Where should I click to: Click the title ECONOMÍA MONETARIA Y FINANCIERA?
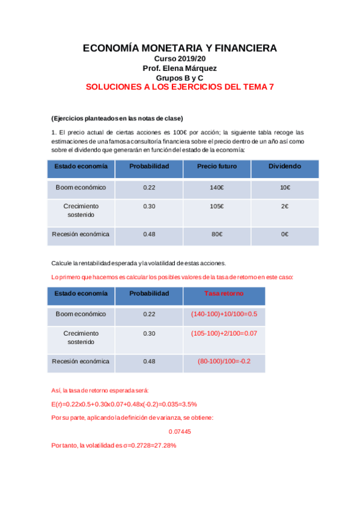(x=180, y=48)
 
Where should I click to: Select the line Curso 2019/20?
(x=180, y=59)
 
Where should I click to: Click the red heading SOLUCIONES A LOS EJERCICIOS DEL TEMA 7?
(x=180, y=87)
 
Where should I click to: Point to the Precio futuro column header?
(x=217, y=167)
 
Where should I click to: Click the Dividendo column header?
(x=285, y=167)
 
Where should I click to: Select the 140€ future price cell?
(x=217, y=188)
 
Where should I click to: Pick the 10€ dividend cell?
(x=285, y=188)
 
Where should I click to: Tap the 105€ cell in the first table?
(x=217, y=207)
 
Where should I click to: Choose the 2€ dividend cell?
(x=285, y=207)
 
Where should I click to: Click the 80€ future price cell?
(x=217, y=234)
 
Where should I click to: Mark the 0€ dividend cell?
(x=285, y=234)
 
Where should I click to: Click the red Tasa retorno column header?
(x=224, y=293)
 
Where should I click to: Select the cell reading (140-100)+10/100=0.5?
(x=224, y=314)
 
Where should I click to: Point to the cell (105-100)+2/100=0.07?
(x=224, y=333)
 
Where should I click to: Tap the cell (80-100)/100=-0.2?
(x=224, y=361)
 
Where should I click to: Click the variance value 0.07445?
(x=180, y=431)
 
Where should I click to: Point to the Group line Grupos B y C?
(x=180, y=78)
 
